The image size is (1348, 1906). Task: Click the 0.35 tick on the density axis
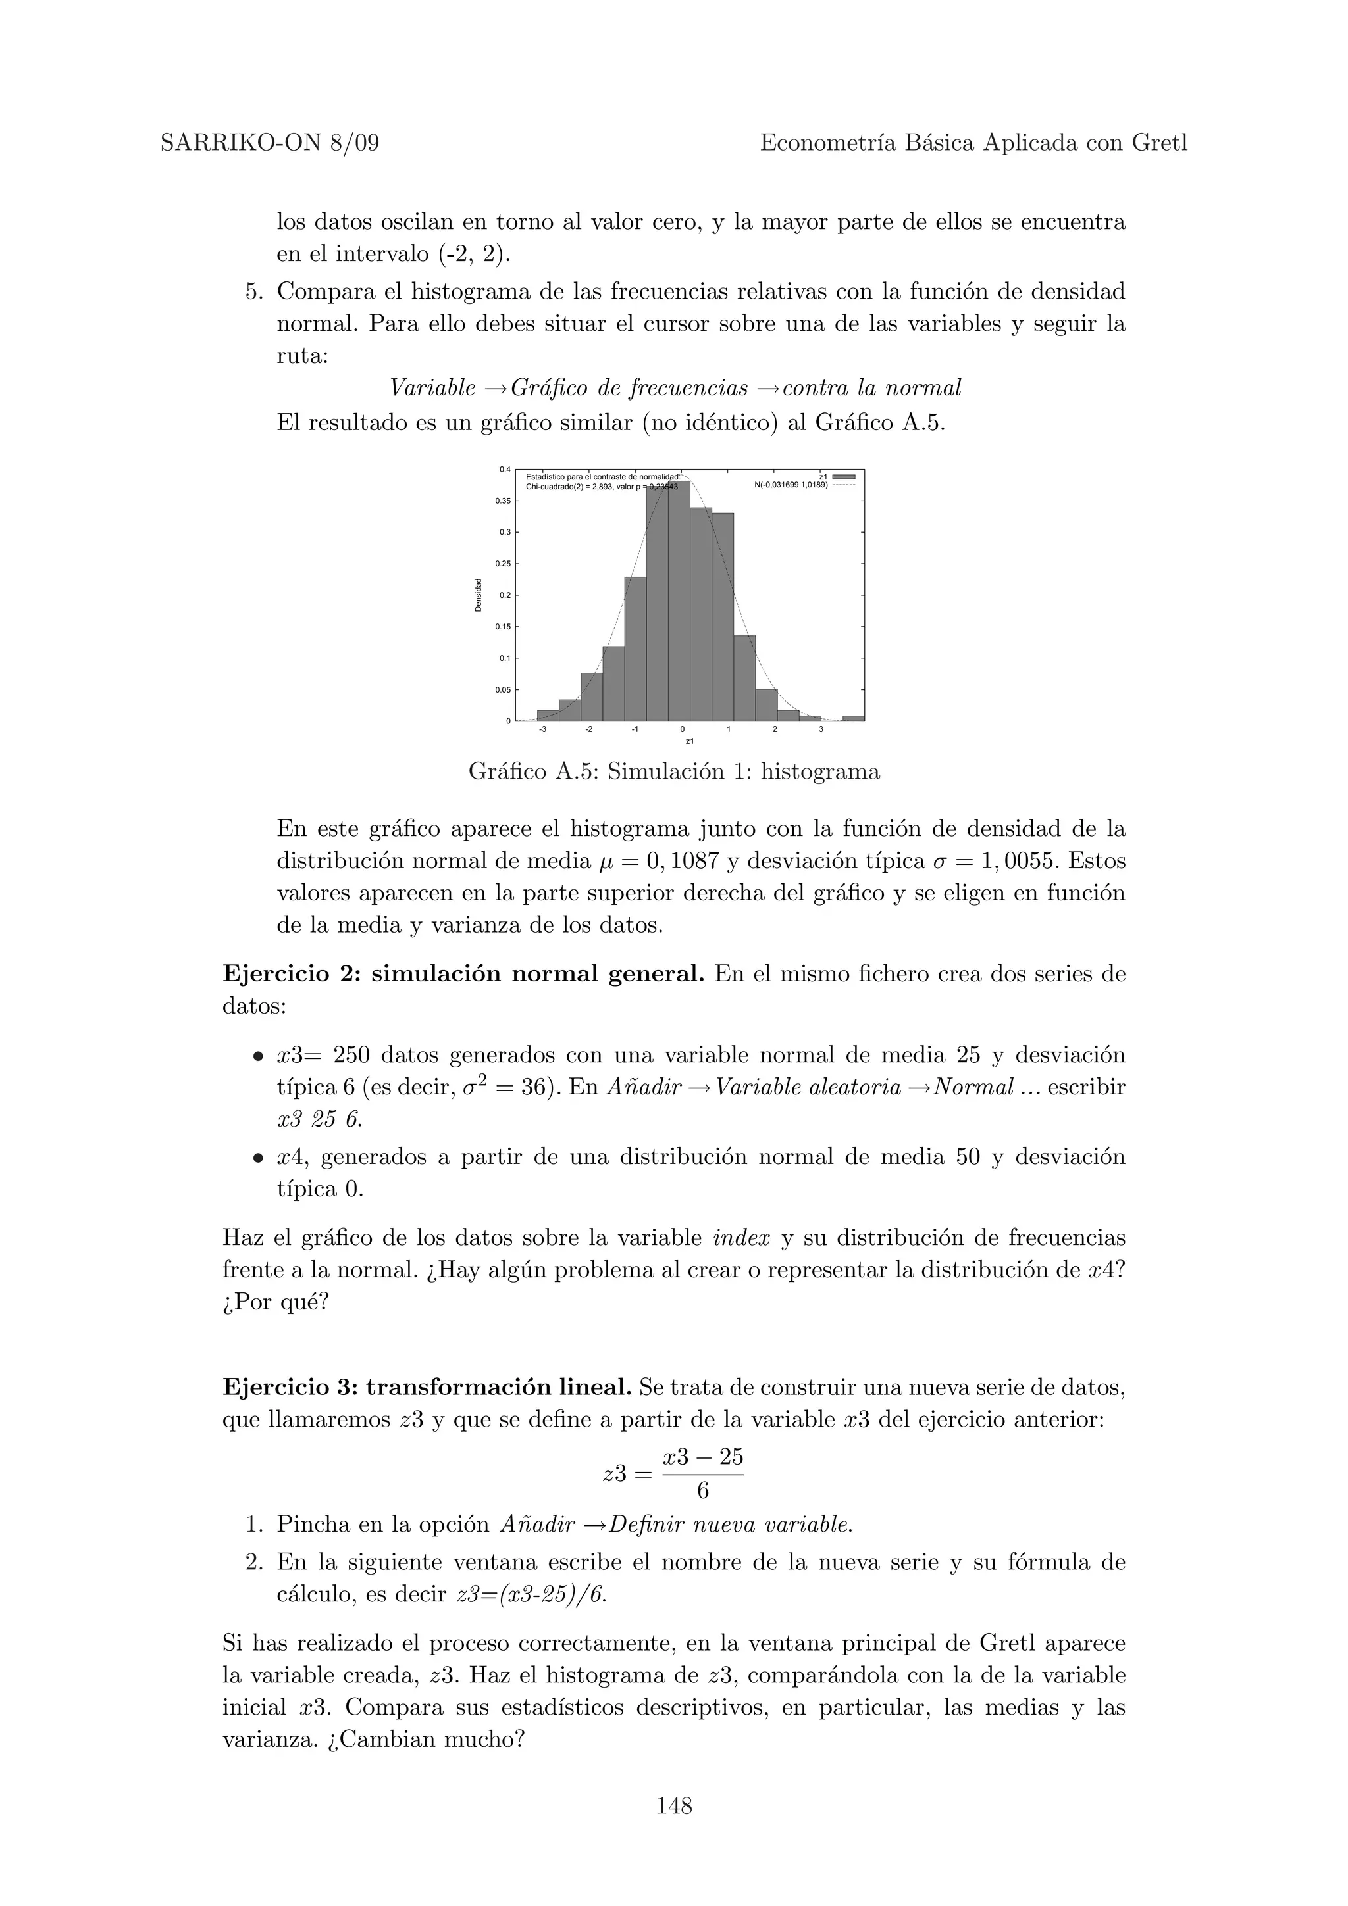(x=504, y=501)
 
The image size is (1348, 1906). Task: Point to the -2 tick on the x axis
(x=589, y=729)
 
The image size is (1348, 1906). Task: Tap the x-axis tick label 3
(x=821, y=729)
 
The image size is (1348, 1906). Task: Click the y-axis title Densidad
(x=479, y=595)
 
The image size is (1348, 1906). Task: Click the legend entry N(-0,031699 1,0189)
(x=791, y=485)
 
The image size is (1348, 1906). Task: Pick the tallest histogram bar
(x=679, y=598)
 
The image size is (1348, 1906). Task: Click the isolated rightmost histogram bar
(x=853, y=718)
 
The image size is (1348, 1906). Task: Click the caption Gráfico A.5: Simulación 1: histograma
(x=673, y=772)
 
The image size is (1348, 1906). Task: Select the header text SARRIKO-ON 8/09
(x=269, y=143)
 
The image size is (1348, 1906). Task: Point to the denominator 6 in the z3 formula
(x=703, y=1492)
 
